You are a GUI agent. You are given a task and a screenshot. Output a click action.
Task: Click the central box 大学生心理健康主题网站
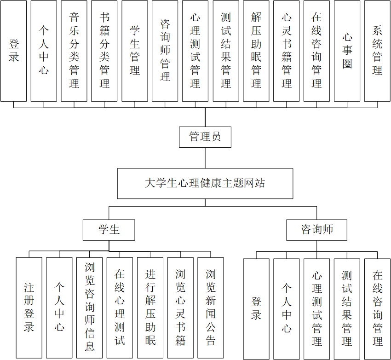[x=205, y=183]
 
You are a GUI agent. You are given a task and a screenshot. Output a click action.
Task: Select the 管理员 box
[x=205, y=137]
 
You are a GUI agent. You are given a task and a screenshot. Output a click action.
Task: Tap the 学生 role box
[x=109, y=230]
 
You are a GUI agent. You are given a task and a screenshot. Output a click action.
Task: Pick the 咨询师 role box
[x=316, y=230]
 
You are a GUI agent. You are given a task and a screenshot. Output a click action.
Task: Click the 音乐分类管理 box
[x=74, y=51]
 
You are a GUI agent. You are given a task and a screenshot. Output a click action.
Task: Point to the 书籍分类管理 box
[x=104, y=51]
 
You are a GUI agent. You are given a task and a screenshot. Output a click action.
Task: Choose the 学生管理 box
[x=135, y=51]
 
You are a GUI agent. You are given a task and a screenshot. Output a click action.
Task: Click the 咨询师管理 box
[x=165, y=51]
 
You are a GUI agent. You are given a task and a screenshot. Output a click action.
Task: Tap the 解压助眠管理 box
[x=256, y=51]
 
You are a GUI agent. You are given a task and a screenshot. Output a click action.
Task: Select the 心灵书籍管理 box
[x=286, y=51]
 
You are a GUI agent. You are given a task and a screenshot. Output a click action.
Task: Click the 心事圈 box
[x=347, y=51]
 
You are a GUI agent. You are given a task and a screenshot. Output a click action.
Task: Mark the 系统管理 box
[x=377, y=51]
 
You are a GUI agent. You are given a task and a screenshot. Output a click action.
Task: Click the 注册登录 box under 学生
[x=29, y=308]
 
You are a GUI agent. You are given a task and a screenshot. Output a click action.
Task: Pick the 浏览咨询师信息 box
[x=90, y=308]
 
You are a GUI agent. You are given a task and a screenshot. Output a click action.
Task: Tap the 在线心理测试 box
[x=120, y=308]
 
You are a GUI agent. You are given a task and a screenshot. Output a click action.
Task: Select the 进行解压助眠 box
[x=150, y=308]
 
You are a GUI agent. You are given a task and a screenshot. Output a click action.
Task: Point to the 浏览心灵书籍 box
[x=180, y=308]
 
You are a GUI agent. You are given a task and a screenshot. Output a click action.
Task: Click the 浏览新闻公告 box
[x=211, y=308]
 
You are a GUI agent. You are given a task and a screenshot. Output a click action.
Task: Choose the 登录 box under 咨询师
[x=256, y=308]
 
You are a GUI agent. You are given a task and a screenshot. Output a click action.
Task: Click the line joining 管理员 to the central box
[x=205, y=158]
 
